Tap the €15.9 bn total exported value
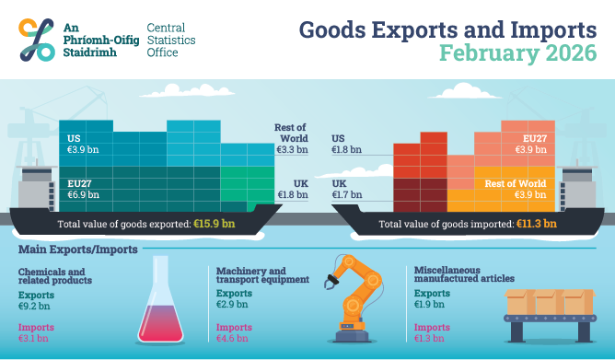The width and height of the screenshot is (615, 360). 214,223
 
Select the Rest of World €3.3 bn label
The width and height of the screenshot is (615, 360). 291,138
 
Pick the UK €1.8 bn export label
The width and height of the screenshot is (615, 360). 292,190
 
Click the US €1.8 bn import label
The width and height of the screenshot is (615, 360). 347,144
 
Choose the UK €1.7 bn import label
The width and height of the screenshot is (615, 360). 347,190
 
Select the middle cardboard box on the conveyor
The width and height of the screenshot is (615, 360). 549,301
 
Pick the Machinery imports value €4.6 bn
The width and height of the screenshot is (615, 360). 232,338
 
